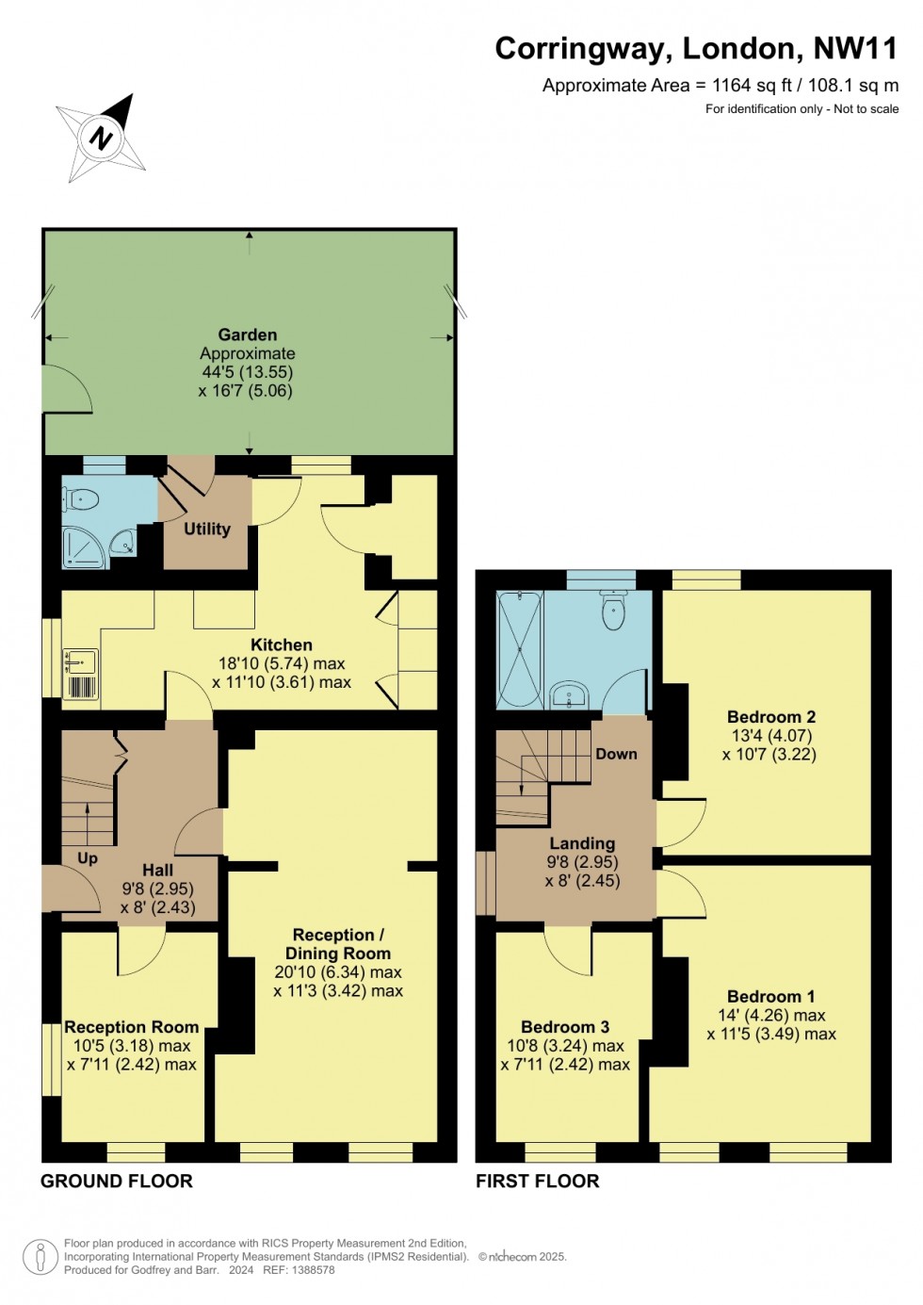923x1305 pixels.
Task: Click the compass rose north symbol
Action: coord(101,139)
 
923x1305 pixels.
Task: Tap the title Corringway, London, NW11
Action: coord(696,49)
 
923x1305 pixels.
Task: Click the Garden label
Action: coord(247,334)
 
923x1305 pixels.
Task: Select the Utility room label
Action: coord(206,529)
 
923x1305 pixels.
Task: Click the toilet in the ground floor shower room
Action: coord(83,499)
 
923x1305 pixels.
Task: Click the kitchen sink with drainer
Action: coord(81,675)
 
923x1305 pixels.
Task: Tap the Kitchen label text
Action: coord(281,644)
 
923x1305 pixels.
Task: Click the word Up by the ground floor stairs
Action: coord(88,857)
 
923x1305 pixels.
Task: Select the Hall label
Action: coord(157,870)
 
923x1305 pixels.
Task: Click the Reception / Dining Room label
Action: coord(338,944)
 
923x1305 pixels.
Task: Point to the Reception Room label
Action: coord(131,1027)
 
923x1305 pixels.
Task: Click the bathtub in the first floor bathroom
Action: coord(519,649)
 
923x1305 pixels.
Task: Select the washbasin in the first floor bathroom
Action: coord(569,696)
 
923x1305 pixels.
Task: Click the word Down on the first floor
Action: coord(616,754)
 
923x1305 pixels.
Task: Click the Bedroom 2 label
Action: coord(770,717)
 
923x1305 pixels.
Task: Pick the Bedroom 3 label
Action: coord(565,1027)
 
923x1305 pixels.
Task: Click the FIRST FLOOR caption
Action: coord(537,1181)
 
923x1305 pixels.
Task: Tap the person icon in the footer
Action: coord(40,1256)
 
